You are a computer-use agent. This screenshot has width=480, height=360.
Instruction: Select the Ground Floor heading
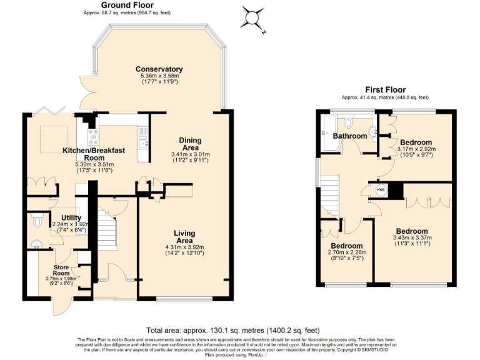[x=127, y=5]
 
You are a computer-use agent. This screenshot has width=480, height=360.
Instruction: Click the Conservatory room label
[x=159, y=69]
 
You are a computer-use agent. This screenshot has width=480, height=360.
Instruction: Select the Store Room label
[x=61, y=269]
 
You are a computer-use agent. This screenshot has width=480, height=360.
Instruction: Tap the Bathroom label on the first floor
[x=349, y=136]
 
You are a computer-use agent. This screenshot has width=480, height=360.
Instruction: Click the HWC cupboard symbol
[x=381, y=189]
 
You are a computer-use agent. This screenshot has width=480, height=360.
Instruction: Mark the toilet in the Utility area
[x=37, y=221]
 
